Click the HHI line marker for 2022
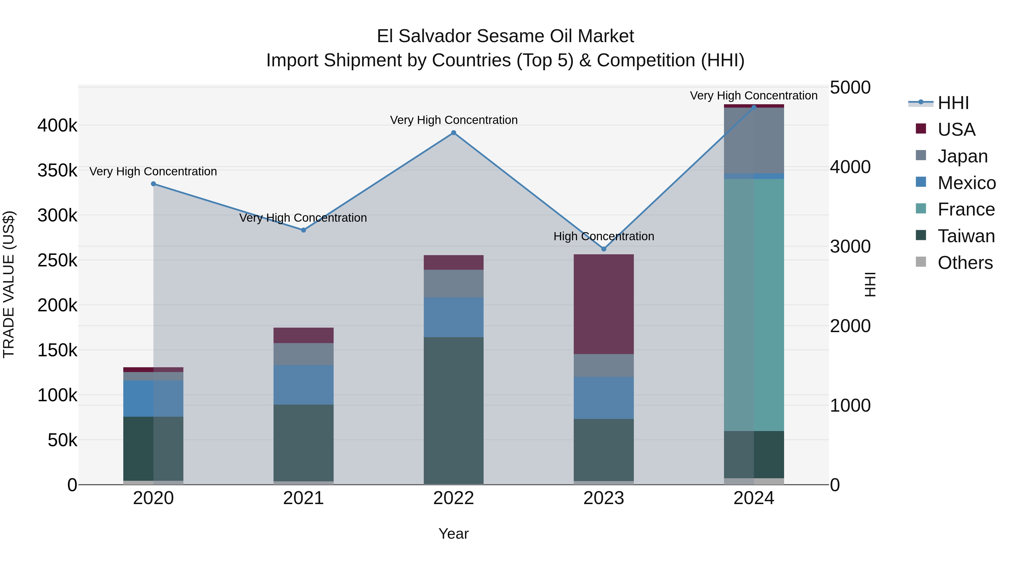tap(454, 133)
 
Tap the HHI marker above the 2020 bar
tap(153, 184)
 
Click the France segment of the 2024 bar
tap(754, 305)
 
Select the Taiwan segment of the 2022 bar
tap(454, 410)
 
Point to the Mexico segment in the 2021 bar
tap(303, 385)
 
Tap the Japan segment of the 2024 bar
tap(754, 140)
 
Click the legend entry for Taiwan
tap(966, 236)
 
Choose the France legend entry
tap(966, 209)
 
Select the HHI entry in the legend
tap(953, 103)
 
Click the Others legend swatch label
tap(965, 263)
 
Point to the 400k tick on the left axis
tap(57, 126)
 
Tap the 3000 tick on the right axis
tap(850, 247)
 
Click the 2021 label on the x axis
tap(303, 498)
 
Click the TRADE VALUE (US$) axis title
tap(9, 284)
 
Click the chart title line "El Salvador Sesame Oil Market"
tap(505, 36)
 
